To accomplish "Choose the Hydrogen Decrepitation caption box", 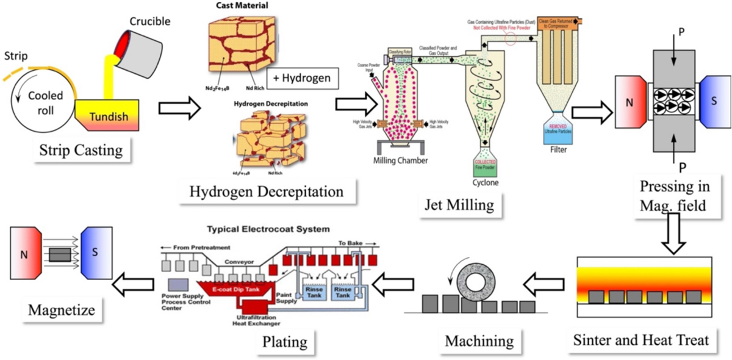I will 266,192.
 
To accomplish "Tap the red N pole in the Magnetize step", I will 25,254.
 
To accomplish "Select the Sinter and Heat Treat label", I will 641,339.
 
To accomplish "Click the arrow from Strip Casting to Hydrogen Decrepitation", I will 179,108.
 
